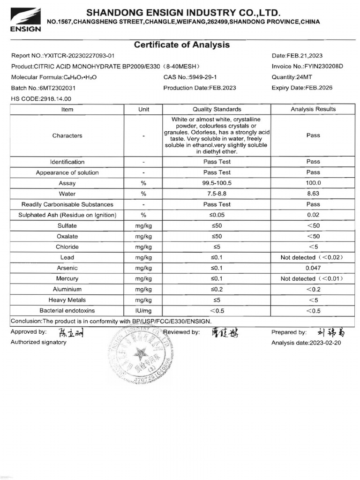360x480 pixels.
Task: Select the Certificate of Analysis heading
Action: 182,45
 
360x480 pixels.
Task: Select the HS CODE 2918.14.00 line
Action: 41,98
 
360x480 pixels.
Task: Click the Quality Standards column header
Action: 217,109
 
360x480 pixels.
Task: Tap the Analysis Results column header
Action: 313,109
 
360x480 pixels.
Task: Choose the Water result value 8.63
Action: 313,194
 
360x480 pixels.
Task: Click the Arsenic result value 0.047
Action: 313,268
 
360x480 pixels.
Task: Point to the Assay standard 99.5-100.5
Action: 217,183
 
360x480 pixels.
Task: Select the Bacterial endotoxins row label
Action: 67,310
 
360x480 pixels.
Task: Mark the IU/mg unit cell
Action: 143,310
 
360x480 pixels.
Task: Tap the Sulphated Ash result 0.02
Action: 313,215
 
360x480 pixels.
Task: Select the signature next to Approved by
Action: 70,333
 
